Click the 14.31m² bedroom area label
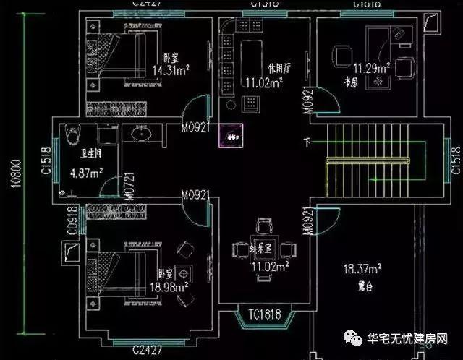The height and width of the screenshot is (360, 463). (x=171, y=70)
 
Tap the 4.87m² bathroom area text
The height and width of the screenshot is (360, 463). (x=86, y=173)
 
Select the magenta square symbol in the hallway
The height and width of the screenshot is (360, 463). (x=231, y=136)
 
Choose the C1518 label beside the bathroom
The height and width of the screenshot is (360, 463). (x=45, y=163)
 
